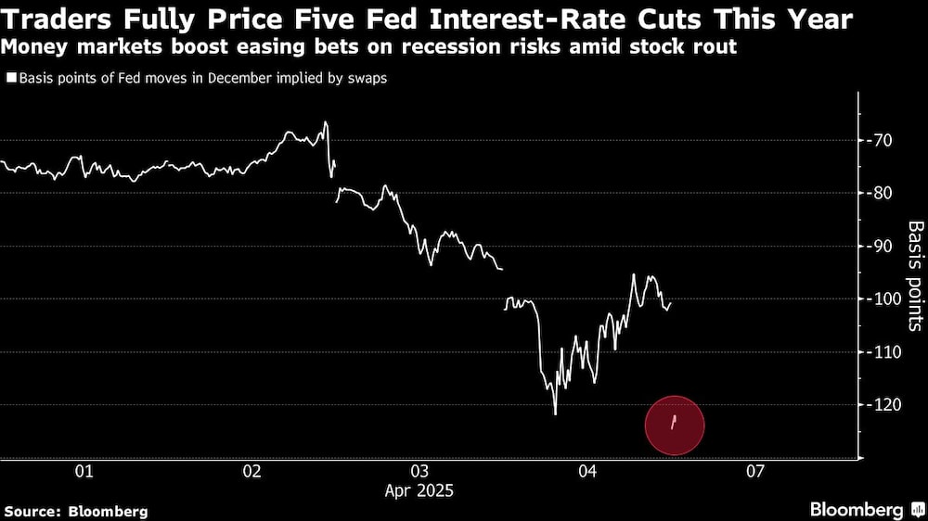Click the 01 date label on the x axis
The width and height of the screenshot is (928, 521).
point(84,472)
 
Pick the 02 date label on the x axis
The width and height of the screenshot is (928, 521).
point(251,472)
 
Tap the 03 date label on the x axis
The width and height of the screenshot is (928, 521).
point(419,472)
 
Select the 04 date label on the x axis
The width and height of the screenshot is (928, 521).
point(587,472)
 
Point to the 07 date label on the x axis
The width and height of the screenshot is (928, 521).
point(754,472)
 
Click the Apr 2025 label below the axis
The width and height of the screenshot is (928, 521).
point(419,490)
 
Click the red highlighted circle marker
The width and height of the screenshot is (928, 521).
point(675,424)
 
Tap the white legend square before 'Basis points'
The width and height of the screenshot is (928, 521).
point(10,79)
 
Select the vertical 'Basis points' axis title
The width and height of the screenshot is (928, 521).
point(914,275)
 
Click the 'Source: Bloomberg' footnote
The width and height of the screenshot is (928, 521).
point(76,510)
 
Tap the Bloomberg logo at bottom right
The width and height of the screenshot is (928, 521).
point(857,509)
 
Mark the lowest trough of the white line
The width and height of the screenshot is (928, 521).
point(555,413)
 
